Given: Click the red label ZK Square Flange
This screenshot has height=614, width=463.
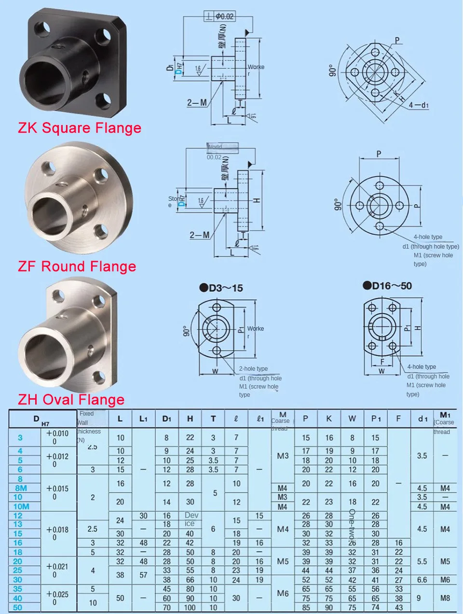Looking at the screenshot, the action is (80, 128).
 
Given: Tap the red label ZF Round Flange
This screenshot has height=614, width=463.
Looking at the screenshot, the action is (77, 266).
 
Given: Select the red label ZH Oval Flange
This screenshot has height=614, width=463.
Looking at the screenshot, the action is (71, 400).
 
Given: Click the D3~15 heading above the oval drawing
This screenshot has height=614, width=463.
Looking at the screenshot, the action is (221, 288).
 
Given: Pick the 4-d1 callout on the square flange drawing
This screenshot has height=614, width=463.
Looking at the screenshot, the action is (419, 105).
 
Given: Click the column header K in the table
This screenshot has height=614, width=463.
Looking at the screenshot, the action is (329, 419).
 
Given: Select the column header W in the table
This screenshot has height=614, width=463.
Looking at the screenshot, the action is (352, 419).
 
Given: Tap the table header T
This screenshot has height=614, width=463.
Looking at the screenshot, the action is (213, 419).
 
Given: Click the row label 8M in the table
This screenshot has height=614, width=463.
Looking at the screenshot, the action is (21, 488).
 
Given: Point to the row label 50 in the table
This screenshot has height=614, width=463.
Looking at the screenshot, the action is (17, 607).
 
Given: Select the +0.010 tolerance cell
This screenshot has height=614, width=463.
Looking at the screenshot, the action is (57, 433).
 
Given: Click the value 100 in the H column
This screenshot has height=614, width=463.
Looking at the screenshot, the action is (190, 608).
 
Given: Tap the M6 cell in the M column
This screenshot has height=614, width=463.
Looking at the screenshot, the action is (283, 593).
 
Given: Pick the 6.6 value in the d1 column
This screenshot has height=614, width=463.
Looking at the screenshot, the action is (422, 580).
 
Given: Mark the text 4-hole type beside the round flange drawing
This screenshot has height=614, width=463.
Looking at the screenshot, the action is (428, 237).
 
